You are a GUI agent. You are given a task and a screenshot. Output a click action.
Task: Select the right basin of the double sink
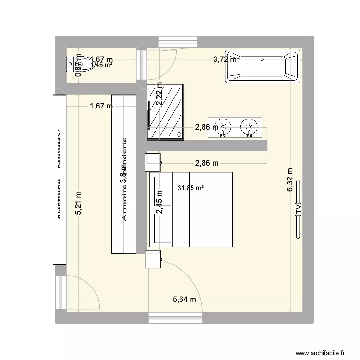[x=249, y=127]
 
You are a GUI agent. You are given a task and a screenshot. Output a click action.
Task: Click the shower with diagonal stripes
[x=166, y=111]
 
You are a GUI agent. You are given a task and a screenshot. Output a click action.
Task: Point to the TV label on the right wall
[x=298, y=207]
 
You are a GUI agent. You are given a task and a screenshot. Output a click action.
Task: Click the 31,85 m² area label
[x=190, y=188]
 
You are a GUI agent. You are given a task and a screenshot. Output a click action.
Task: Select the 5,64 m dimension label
[x=185, y=300]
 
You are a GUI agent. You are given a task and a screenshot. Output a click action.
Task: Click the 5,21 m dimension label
[x=78, y=204]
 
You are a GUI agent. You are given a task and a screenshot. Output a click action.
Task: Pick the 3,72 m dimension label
[x=225, y=60]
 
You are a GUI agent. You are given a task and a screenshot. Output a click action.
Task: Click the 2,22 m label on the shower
[x=160, y=94]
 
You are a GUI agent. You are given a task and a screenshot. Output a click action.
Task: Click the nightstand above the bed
[x=153, y=162]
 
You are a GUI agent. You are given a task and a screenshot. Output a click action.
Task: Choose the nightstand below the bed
[x=153, y=259]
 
